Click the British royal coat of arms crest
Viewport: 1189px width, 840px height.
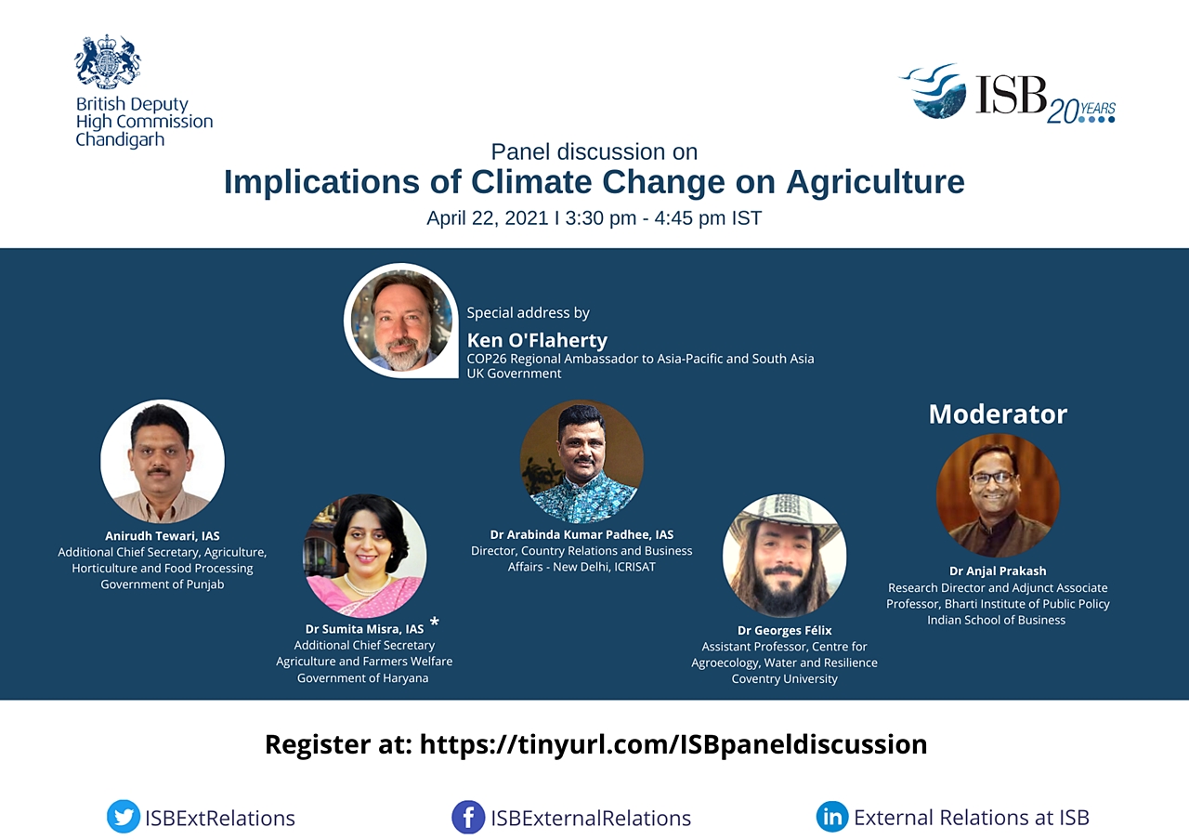point(108,61)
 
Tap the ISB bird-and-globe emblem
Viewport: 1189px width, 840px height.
point(934,90)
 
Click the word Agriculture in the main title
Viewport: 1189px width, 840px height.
point(875,182)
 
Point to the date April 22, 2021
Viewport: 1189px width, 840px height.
point(488,218)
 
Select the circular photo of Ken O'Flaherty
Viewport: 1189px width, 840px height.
point(400,321)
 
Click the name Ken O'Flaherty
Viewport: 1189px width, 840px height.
point(537,340)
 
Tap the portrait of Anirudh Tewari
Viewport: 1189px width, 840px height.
point(163,462)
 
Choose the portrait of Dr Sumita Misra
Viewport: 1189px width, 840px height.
point(364,556)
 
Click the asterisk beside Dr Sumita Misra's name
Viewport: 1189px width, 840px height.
point(434,622)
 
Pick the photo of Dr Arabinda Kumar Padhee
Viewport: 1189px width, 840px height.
point(581,462)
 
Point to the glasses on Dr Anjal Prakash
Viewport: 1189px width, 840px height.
point(992,478)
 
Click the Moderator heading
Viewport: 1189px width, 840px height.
point(998,414)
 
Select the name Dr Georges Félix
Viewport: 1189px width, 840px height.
point(785,630)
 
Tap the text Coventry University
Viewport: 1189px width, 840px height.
point(785,678)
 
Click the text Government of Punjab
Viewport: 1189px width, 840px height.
point(163,584)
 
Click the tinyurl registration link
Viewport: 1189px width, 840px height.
point(673,744)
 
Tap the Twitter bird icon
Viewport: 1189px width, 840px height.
point(124,817)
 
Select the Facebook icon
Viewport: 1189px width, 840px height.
point(468,817)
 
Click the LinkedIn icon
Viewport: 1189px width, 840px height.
point(832,817)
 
